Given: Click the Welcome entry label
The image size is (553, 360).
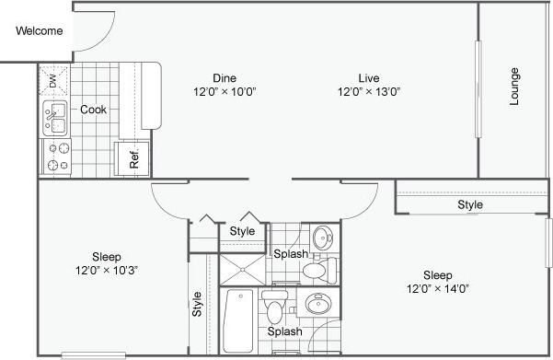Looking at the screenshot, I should tap(38, 31).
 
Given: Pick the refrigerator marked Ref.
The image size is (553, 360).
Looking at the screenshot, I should tap(130, 157).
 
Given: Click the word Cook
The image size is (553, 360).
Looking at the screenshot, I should tap(93, 110).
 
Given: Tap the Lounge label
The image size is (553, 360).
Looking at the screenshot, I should tap(514, 87).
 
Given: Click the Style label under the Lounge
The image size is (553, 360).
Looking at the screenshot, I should tap(470, 204).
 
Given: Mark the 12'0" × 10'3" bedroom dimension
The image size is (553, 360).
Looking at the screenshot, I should tap(108, 270).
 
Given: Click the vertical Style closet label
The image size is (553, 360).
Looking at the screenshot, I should tap(197, 303).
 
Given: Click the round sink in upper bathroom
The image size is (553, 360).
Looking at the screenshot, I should tap(322, 238).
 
